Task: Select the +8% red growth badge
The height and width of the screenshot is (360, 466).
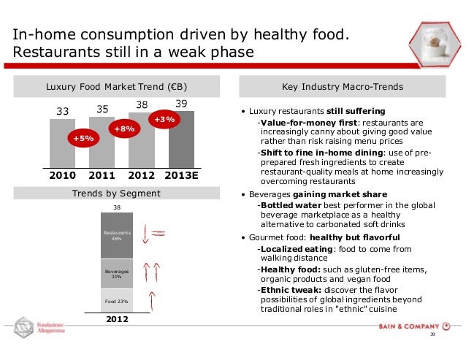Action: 122,129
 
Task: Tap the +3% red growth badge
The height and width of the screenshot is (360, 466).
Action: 164,118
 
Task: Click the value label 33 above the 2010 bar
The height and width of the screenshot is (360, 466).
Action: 63,112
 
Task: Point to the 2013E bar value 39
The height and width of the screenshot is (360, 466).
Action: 181,104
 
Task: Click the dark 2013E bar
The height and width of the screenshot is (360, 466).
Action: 181,142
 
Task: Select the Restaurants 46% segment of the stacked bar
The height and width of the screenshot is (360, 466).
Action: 117,235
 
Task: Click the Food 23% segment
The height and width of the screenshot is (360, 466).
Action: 117,301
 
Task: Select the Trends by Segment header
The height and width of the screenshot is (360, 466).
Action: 117,194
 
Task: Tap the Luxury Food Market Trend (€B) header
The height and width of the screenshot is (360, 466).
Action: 117,86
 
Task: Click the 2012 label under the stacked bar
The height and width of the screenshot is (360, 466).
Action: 117,319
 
